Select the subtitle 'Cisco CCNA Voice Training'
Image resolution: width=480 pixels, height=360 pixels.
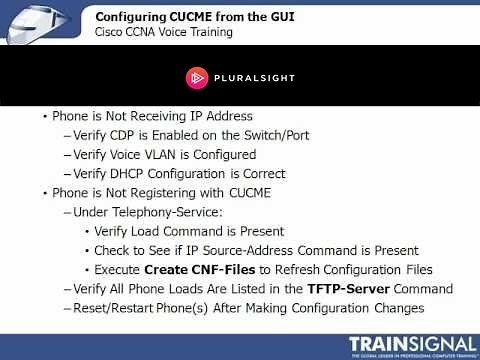click(x=163, y=32)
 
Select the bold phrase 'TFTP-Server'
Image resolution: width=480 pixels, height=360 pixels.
click(x=349, y=289)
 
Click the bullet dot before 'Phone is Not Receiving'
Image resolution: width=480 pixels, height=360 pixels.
click(x=44, y=117)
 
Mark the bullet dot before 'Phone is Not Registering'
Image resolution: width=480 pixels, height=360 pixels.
click(x=44, y=193)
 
